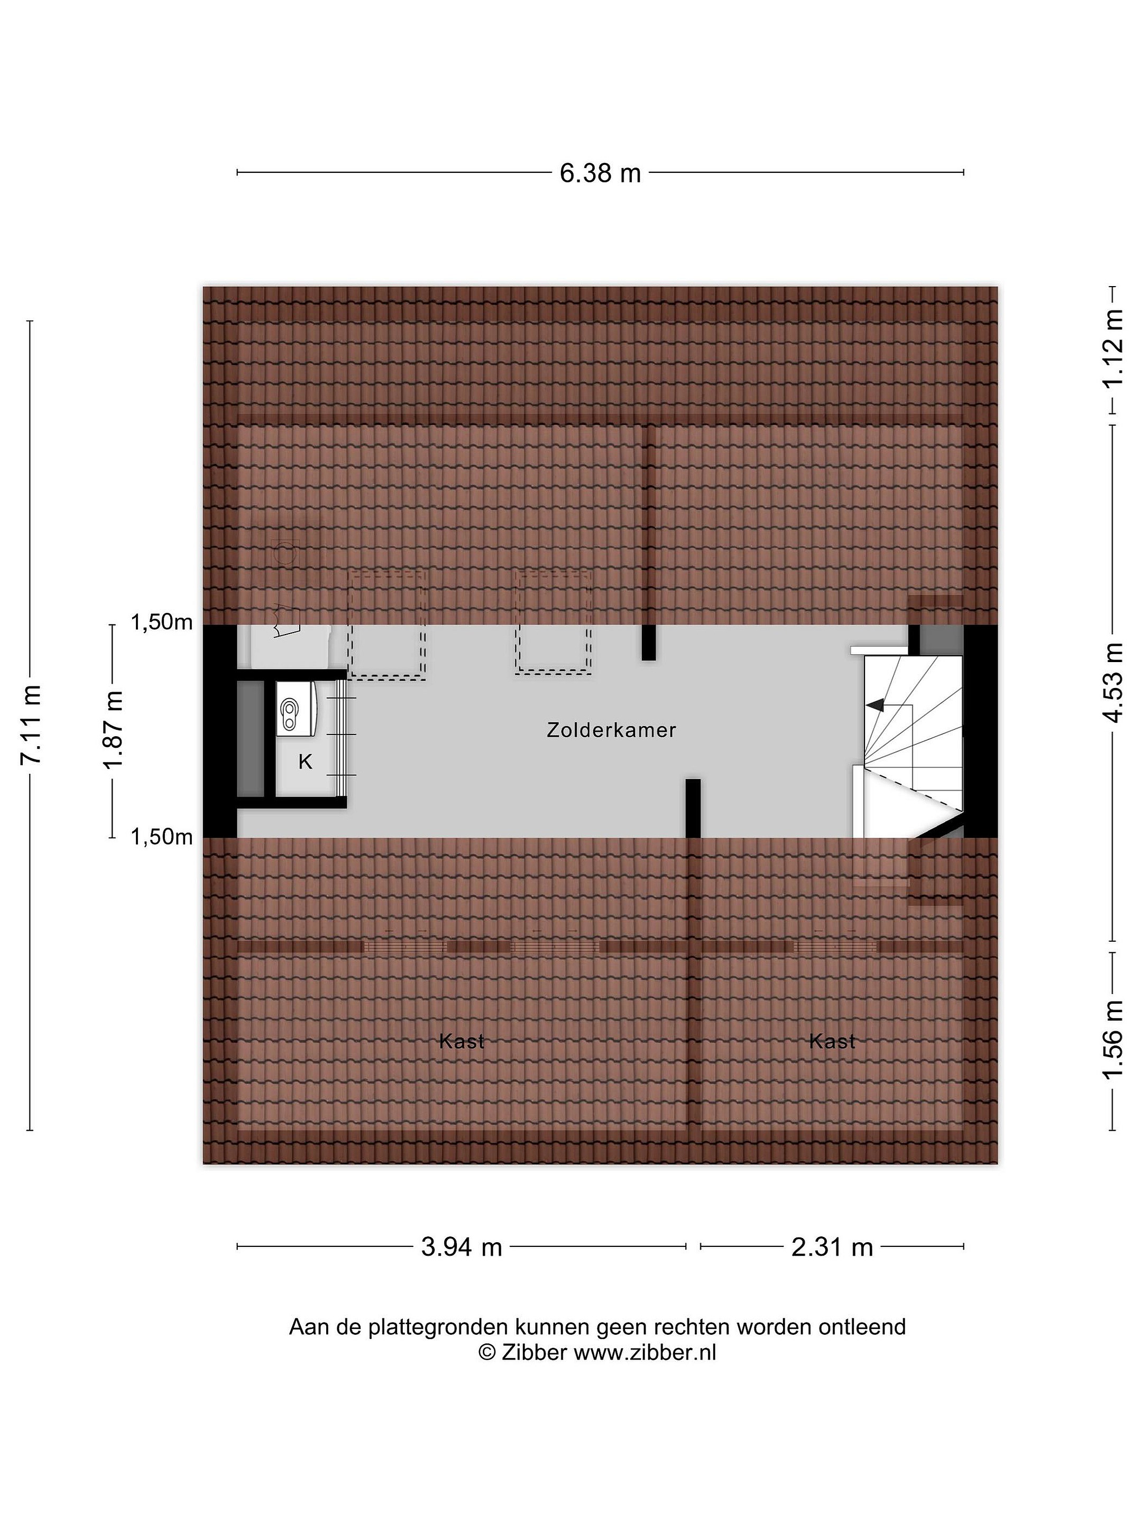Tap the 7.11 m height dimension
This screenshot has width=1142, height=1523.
click(31, 724)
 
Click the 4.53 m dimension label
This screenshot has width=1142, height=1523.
click(1112, 682)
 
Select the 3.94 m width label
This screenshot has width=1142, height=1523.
click(461, 1247)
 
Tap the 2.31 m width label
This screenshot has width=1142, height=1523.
click(832, 1247)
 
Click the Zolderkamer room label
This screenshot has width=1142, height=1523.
click(611, 730)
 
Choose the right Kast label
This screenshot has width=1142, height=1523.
click(832, 1041)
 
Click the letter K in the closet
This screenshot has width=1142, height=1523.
click(305, 761)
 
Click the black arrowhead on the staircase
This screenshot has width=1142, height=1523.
click(875, 704)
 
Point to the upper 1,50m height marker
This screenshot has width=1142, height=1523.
click(162, 622)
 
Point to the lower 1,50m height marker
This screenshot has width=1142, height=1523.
click(162, 837)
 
